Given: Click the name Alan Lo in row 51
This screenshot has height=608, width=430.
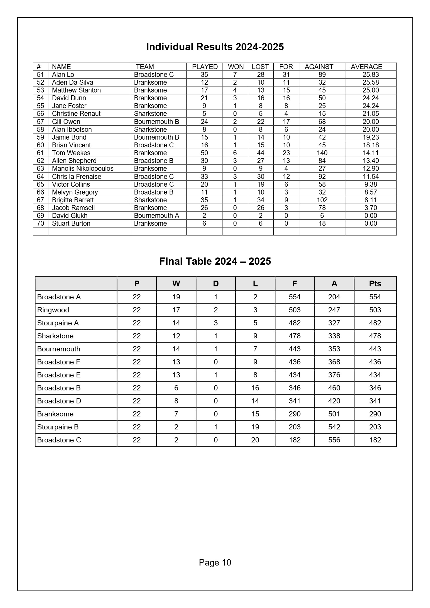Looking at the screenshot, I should (x=63, y=75).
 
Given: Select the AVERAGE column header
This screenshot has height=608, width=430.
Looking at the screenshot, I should (x=366, y=67).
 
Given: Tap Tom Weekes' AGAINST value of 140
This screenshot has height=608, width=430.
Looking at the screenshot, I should (x=322, y=153).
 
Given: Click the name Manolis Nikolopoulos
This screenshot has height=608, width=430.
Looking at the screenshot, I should (x=83, y=168).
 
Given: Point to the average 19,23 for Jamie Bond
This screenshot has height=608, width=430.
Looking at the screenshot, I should (x=370, y=137).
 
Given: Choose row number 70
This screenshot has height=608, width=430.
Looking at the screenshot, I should (x=40, y=223).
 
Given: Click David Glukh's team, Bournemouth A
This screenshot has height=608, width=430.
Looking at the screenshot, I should (x=156, y=216).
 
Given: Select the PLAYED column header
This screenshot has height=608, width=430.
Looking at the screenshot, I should (x=205, y=67).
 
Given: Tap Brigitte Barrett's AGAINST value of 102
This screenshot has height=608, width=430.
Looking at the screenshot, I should (x=322, y=200).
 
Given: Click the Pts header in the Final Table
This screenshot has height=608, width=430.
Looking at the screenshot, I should (x=375, y=283).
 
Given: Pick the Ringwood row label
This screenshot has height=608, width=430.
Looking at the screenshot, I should (x=53, y=310).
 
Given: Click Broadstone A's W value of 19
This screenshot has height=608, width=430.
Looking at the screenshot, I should (x=176, y=297).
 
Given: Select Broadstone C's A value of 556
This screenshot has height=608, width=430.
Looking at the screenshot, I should (x=334, y=440).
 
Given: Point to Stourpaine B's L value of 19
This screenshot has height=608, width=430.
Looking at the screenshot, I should (x=255, y=427).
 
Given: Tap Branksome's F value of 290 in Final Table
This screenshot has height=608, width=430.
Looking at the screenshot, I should (x=294, y=414).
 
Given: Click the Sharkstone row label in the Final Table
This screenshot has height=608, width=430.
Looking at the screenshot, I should (x=55, y=336).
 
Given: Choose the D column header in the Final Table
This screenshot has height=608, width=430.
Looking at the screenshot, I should (x=216, y=283).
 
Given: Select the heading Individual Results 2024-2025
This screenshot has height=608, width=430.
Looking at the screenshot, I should (x=215, y=47).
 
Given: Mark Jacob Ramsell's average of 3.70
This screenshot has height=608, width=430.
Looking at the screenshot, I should (x=370, y=208).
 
